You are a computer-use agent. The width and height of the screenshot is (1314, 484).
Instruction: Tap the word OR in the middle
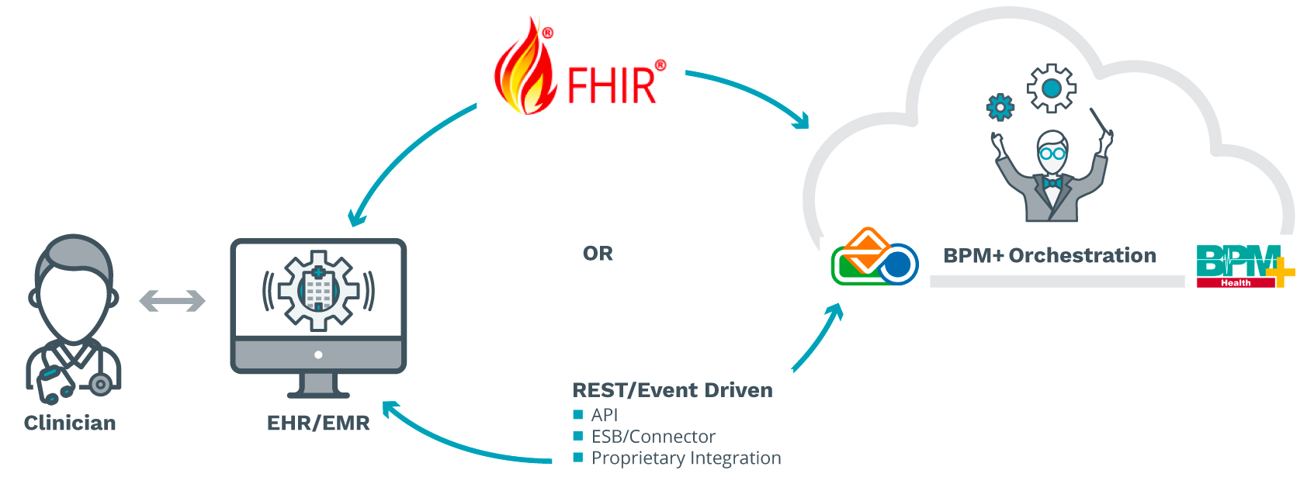598,254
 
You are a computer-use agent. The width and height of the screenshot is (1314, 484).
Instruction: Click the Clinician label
70,423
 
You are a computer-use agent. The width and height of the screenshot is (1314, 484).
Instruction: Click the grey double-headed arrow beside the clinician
172,301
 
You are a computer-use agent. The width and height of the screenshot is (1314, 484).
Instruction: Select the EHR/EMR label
318,423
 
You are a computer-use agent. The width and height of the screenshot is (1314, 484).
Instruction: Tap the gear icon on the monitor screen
318,289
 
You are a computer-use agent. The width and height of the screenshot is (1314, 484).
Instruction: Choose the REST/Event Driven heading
672,390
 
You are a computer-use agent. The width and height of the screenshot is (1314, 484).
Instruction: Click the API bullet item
605,415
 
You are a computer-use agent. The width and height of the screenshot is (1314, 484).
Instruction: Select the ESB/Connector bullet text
653,437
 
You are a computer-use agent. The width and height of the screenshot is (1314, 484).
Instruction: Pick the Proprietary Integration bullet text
686,458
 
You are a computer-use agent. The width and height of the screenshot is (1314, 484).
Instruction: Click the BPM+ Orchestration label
1049,255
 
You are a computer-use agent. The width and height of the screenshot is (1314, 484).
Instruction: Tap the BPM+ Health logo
1245,266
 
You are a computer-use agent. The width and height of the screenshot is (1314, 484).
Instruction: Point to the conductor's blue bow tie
1052,183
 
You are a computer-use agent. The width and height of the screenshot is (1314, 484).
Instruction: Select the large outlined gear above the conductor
1052,88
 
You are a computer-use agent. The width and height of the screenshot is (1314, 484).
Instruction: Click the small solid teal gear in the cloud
1000,107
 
